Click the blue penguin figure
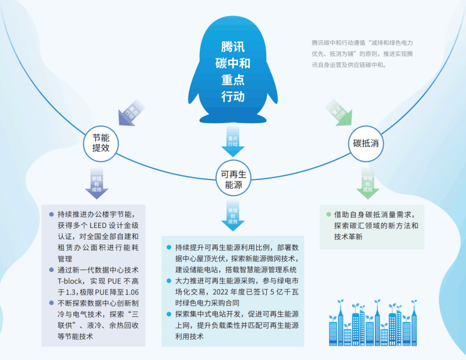tap(233, 69)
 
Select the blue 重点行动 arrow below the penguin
tap(233, 140)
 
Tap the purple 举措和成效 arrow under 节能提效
tap(97, 183)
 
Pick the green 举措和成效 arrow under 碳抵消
tap(367, 183)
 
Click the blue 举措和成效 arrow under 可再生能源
tap(233, 215)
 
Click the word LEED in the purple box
tap(98, 225)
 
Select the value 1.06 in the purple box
tap(132, 292)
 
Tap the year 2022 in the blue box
tap(220, 292)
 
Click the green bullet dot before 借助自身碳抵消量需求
tap(328, 214)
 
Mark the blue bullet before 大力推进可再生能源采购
tap(169, 281)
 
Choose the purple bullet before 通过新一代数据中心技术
tap(52, 270)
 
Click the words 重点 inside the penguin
tap(233, 80)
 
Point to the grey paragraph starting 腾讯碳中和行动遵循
tap(362, 53)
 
